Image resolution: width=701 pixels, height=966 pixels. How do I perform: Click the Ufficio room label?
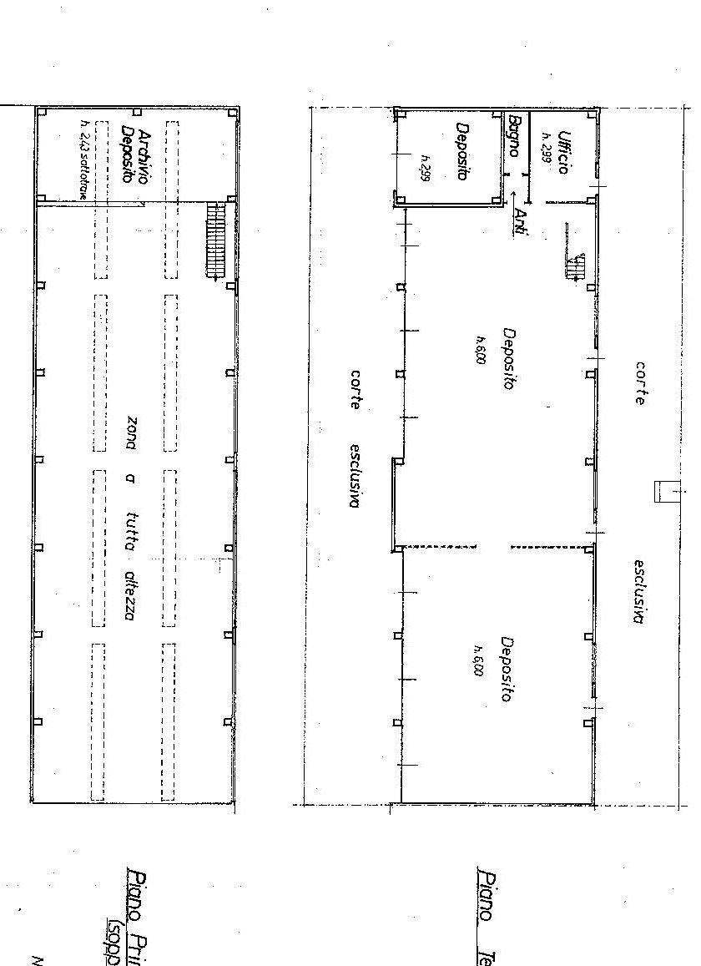[563, 152]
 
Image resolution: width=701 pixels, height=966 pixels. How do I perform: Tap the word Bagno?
[514, 136]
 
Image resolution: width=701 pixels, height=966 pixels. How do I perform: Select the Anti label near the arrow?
[520, 223]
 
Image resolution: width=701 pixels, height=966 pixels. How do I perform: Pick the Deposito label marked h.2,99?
[461, 152]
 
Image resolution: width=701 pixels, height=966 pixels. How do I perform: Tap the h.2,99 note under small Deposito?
[425, 168]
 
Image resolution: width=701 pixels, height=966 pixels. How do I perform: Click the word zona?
[130, 432]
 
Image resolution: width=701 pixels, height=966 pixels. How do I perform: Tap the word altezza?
[130, 598]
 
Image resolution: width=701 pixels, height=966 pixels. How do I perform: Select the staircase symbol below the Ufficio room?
[575, 266]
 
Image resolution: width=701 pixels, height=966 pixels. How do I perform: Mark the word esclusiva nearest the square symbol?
[638, 591]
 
